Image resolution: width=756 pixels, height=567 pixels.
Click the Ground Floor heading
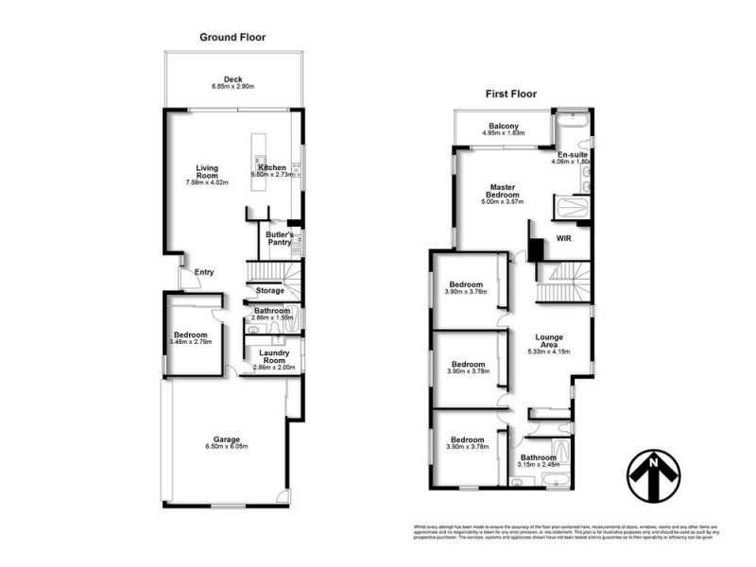click(232, 38)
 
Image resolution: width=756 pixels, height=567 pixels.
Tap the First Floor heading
click(512, 95)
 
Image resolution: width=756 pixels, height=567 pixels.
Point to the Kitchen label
click(272, 167)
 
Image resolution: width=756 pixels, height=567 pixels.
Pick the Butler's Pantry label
click(281, 238)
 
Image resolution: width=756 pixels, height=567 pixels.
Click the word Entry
click(204, 272)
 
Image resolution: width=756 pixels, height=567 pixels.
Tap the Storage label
click(270, 290)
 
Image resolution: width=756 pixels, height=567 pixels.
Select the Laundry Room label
click(274, 357)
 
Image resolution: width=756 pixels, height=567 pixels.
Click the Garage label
click(225, 439)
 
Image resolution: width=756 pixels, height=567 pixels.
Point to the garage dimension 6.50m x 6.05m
click(225, 448)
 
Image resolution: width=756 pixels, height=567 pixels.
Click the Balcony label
click(503, 126)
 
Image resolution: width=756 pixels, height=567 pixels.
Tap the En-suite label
click(571, 154)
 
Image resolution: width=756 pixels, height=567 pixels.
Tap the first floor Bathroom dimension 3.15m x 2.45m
click(540, 464)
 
